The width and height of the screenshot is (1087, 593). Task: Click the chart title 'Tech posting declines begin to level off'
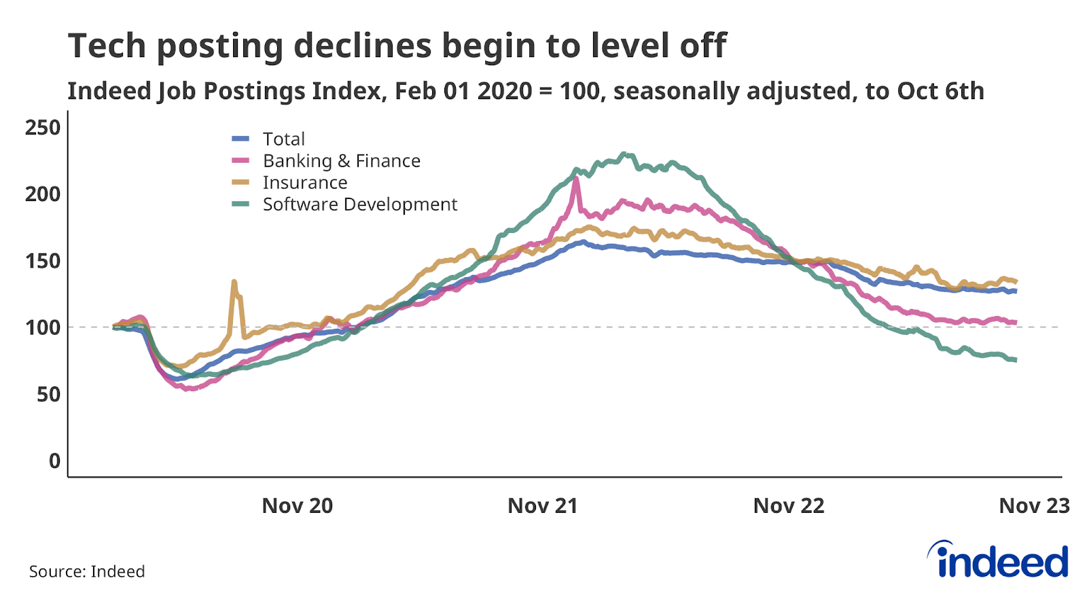[x=397, y=46]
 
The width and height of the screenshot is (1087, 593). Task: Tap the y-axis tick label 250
[x=43, y=128]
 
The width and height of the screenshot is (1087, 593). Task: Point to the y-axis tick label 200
[x=43, y=194]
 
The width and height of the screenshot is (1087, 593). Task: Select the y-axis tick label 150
[x=43, y=261]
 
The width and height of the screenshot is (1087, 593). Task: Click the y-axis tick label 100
[x=43, y=327]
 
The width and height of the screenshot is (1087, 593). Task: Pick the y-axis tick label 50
[x=48, y=394]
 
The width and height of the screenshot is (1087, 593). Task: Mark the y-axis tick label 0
[x=54, y=461]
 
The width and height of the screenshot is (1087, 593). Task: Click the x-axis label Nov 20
[x=298, y=506]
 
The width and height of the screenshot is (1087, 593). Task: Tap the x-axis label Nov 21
[x=543, y=506]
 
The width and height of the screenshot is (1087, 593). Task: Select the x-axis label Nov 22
[x=789, y=506]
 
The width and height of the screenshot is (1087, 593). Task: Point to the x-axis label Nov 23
[x=1034, y=506]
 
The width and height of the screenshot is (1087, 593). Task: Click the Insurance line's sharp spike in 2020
[x=234, y=281]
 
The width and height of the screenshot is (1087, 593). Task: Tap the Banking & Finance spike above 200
[x=576, y=179]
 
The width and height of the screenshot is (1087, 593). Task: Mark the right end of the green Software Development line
[x=1015, y=360]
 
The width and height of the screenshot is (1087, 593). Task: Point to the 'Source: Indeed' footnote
[x=87, y=572]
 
